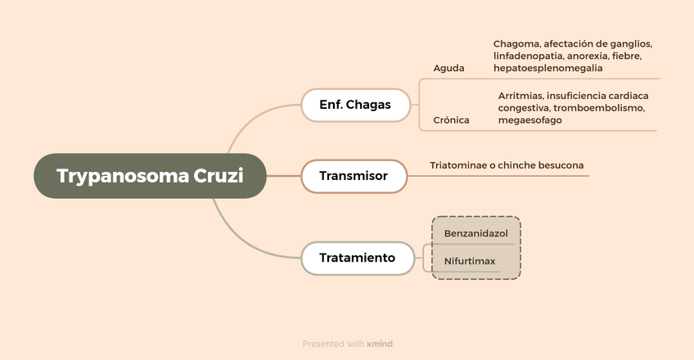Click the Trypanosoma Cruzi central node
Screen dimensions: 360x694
[150, 176]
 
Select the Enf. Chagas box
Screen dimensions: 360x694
[354, 105]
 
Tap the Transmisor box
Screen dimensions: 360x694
[353, 176]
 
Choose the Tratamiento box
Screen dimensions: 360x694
[357, 258]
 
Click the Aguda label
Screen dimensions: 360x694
[448, 68]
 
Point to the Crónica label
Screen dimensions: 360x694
[451, 120]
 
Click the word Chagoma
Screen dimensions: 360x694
[516, 43]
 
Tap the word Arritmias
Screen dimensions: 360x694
[520, 96]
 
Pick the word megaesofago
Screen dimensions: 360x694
[530, 120]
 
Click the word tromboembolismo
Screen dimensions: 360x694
[600, 108]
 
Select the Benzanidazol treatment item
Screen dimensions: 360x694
[475, 234]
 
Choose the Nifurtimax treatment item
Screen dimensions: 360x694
[470, 262]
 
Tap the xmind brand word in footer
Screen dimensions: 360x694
[380, 344]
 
